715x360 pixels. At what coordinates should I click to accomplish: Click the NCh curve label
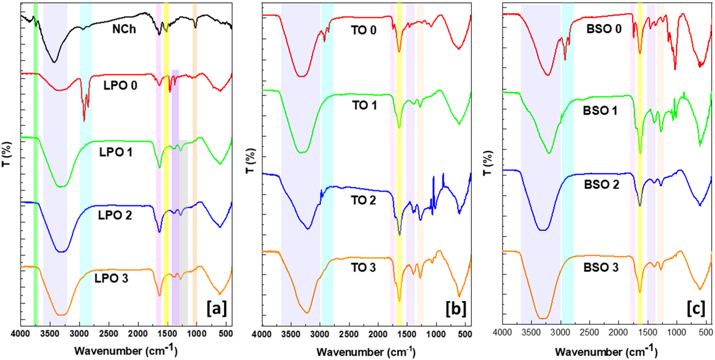point(124,29)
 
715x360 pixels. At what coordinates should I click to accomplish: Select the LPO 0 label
point(120,85)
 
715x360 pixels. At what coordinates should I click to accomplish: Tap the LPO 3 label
point(111,278)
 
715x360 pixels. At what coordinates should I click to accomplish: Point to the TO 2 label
point(363,200)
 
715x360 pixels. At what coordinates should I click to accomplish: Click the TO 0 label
point(364,30)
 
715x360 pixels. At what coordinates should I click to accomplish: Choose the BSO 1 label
point(600,111)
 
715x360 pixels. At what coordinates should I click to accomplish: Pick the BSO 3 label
point(601,267)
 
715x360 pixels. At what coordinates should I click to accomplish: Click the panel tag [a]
point(216,308)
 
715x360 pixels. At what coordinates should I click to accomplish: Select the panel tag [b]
point(456,309)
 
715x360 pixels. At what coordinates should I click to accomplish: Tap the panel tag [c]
point(696,308)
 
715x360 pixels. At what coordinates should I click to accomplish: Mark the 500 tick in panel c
point(705,333)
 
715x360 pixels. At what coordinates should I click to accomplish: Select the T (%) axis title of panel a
point(6,154)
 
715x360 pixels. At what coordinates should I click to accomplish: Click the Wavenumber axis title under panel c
point(606,351)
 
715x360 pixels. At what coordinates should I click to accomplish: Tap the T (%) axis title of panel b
point(250,161)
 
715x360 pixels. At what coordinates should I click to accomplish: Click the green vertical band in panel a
point(36,164)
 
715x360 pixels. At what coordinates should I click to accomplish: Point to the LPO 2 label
point(115,215)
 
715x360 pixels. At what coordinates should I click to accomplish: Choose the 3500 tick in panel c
point(531,333)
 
